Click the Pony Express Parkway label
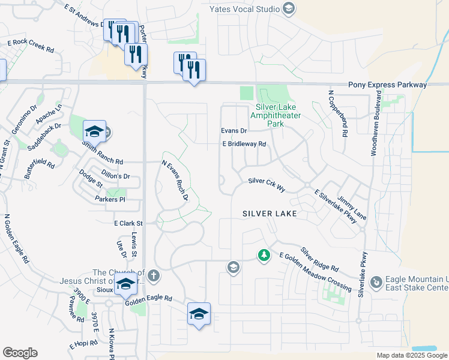(388, 85)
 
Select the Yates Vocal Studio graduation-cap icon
(289, 8)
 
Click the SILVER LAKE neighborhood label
(270, 214)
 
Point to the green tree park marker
(264, 256)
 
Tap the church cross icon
(154, 275)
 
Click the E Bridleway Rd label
(244, 144)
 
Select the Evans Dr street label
(234, 131)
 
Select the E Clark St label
(126, 223)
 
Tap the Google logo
(20, 353)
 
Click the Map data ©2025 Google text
(411, 355)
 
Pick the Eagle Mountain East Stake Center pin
(376, 281)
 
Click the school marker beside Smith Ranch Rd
(95, 131)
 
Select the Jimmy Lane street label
(352, 206)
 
